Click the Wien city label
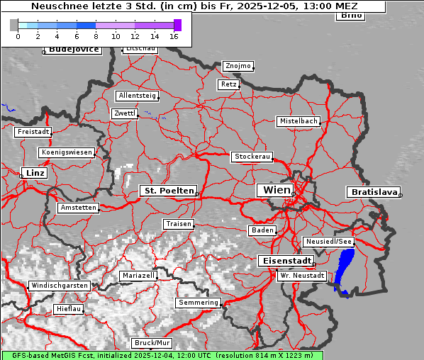[x=276, y=190]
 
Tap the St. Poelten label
[x=168, y=191]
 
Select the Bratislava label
[x=373, y=192]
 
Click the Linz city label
[x=33, y=173]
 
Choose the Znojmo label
[x=238, y=66]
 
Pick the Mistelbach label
[x=298, y=121]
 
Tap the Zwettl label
[x=125, y=113]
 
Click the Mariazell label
[x=138, y=275]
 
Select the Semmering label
[x=199, y=303]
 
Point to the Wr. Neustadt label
[x=302, y=275]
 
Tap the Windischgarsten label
[x=59, y=286]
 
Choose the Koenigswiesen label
[x=67, y=152]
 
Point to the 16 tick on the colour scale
[x=174, y=35]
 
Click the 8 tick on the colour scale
[x=96, y=35]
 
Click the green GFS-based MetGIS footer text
[x=162, y=355]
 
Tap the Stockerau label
[x=252, y=157]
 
